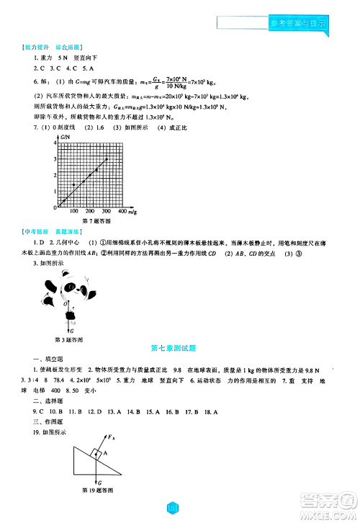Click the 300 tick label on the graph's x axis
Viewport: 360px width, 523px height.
pos(106,211)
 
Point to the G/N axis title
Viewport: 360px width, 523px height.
pos(65,135)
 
